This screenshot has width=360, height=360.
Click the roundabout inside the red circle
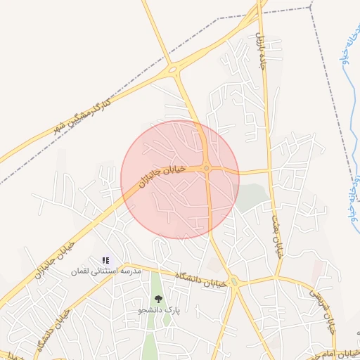click(207, 168)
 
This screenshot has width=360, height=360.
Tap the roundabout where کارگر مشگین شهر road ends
click(172, 69)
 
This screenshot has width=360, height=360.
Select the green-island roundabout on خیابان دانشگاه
click(235, 283)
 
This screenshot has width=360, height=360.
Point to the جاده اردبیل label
click(260, 45)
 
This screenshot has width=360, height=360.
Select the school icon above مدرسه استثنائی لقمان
click(105, 260)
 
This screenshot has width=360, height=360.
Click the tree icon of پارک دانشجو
click(158, 299)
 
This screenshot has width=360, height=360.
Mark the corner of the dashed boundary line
click(310, 8)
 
